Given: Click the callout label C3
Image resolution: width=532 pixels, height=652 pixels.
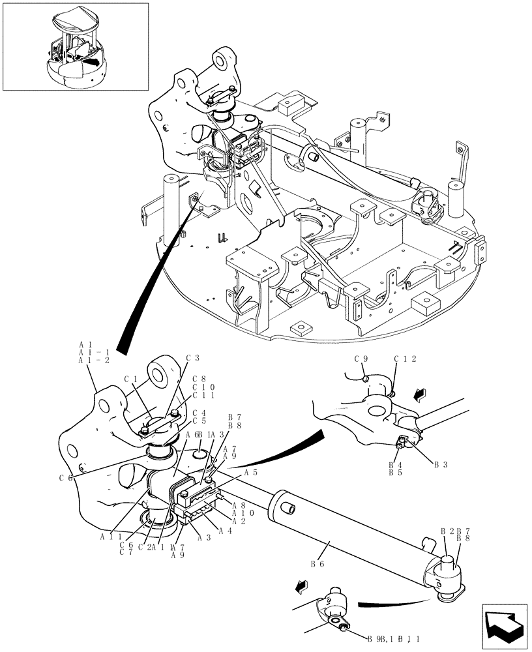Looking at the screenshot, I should click(192, 358).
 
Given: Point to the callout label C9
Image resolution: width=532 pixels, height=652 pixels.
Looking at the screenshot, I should click(362, 359).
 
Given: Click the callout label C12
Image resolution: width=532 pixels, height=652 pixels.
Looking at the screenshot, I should click(405, 359).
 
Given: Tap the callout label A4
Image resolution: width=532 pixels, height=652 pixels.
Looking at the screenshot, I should click(225, 531).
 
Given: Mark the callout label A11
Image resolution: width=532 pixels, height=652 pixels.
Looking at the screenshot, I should click(111, 537).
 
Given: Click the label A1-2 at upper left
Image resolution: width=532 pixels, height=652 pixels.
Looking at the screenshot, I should click(94, 361).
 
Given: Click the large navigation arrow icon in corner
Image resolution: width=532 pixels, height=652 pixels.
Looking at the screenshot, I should click(503, 624).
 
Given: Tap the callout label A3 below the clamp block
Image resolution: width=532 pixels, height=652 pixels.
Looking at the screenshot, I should click(203, 537).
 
